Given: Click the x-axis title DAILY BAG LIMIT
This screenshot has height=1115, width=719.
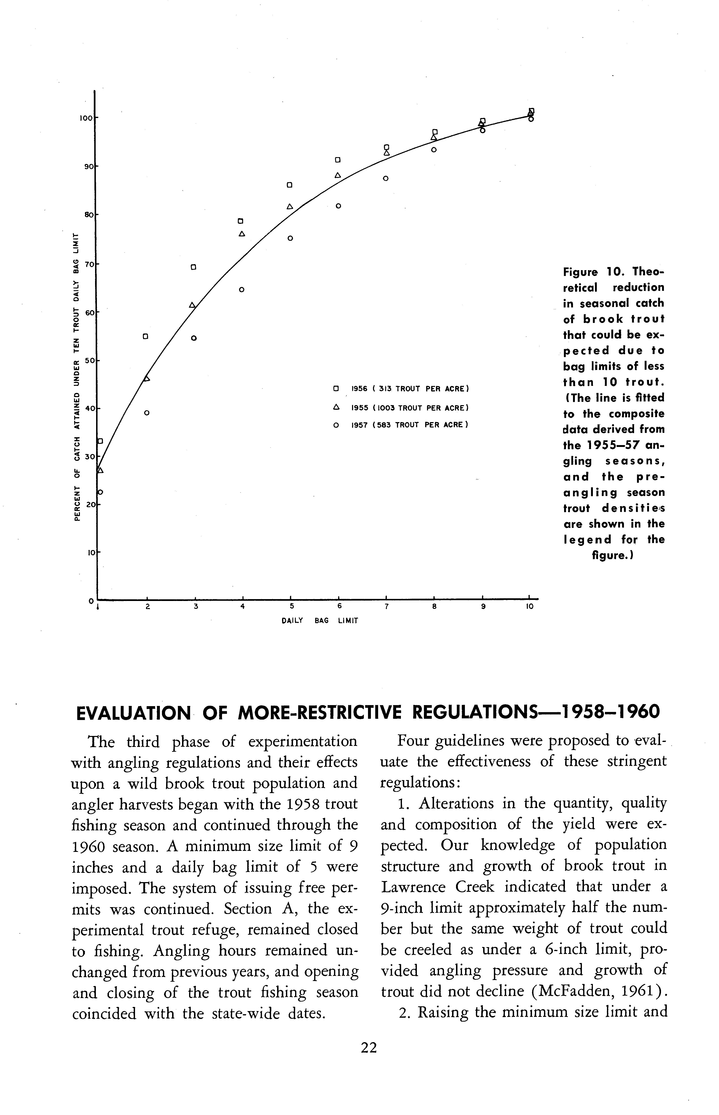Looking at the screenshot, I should click(320, 621).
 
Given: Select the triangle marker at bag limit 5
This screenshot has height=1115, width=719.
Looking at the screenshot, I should click(290, 206).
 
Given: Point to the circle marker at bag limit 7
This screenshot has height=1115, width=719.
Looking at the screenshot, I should click(386, 178).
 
